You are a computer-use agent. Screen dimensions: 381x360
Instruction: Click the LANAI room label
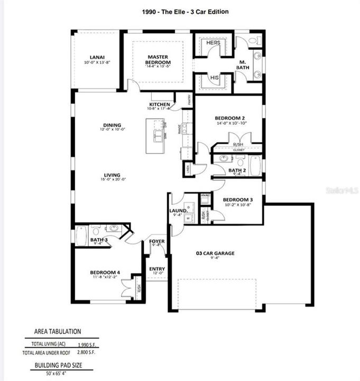pos(96,58)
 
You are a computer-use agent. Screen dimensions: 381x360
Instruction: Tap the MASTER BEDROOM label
pos(158,59)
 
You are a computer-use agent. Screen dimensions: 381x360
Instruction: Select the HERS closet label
pos(213,43)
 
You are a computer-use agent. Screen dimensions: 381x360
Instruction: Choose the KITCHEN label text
pos(159,105)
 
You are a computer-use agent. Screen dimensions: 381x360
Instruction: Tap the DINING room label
pos(112,125)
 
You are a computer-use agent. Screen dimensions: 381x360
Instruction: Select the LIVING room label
pos(112,175)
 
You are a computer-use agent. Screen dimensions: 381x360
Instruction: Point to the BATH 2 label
pos(237,170)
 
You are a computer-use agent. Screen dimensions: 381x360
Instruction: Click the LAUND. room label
pos(178,210)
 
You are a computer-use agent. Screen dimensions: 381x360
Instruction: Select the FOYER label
pos(158,241)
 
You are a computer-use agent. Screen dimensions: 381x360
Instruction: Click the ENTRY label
pos(157,269)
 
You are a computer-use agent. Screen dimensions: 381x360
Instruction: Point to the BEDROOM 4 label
pos(105,273)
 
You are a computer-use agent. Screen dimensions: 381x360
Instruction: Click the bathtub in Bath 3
pos(81,235)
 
